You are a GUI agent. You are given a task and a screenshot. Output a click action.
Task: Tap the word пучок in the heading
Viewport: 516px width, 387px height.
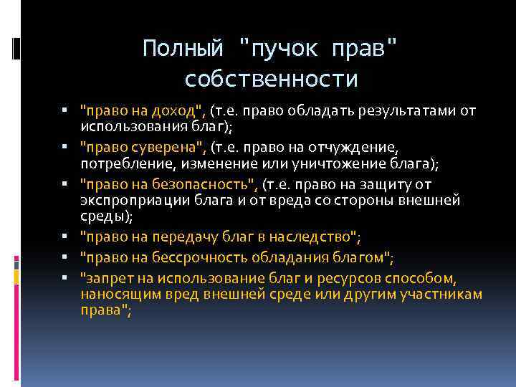(285, 48)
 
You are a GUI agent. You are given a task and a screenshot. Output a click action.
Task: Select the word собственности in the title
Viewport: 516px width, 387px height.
(271, 78)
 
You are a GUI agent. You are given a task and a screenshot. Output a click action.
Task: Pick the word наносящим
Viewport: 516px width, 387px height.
(117, 295)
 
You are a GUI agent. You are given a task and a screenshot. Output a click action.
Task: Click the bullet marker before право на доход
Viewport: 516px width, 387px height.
(64, 111)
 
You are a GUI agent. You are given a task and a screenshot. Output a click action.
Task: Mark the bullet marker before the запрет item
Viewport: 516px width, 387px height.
(64, 277)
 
